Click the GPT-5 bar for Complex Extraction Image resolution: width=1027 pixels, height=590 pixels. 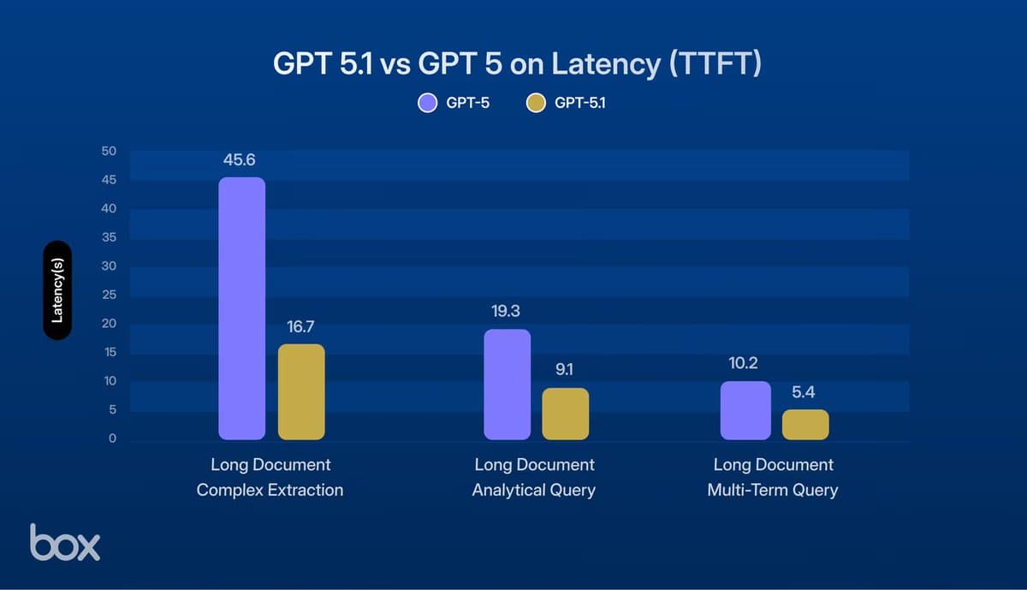[x=241, y=308]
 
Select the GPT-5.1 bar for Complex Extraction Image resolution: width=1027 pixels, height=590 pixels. [x=301, y=391]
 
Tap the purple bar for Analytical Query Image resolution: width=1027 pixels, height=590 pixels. [x=507, y=384]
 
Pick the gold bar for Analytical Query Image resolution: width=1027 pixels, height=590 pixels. [x=566, y=414]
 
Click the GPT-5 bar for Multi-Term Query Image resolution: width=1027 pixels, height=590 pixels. [x=745, y=410]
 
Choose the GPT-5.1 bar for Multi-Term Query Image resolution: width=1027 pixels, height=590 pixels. [x=805, y=425]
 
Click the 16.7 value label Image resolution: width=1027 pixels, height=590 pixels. [x=301, y=327]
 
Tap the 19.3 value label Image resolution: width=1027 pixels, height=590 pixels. [x=506, y=312]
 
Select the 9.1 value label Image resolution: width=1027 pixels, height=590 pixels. [x=566, y=371]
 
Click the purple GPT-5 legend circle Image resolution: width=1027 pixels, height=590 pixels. [x=428, y=104]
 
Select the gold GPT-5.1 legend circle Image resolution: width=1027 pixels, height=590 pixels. [x=536, y=104]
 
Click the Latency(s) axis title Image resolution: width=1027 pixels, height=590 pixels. [x=57, y=290]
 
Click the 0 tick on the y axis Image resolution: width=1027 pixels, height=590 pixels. [x=111, y=438]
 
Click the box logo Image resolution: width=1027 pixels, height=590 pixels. [x=65, y=542]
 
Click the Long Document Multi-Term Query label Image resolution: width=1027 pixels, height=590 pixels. [x=773, y=478]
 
